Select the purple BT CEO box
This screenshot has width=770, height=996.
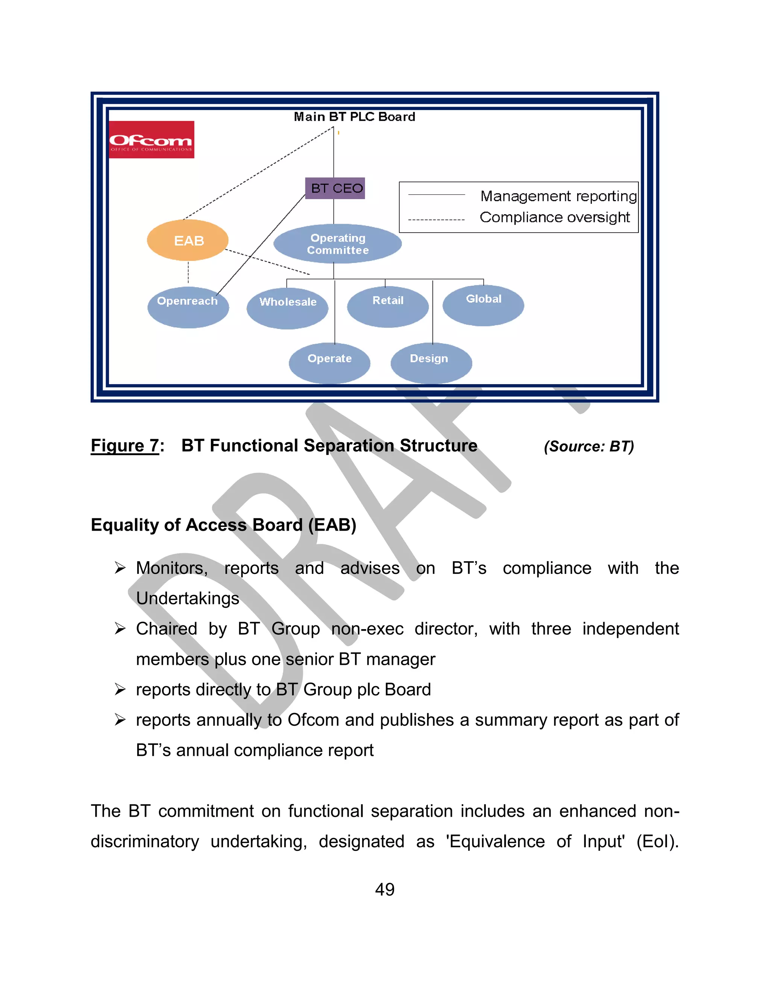tap(335, 188)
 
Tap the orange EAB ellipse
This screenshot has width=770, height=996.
tap(188, 240)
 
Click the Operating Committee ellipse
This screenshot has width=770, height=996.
tap(338, 244)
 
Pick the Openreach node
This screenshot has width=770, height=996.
tap(188, 307)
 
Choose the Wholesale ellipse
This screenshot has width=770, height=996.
tap(287, 308)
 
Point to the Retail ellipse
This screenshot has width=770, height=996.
tap(388, 306)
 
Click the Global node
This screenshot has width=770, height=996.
tap(483, 305)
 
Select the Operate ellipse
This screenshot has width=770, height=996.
tap(329, 363)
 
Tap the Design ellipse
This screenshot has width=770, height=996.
tap(431, 363)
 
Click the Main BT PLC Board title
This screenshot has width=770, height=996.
tap(355, 117)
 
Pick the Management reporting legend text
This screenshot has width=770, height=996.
tap(558, 196)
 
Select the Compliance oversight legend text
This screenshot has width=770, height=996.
tap(555, 218)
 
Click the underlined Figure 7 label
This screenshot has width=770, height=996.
tap(125, 445)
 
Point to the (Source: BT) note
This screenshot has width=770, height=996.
tap(588, 447)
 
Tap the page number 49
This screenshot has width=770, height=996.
tap(385, 889)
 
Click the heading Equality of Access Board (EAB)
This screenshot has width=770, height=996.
tap(224, 525)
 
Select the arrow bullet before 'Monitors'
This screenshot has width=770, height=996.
tap(120, 568)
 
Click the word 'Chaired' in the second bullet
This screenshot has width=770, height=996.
tap(167, 629)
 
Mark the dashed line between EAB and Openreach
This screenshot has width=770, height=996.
tap(188, 273)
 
